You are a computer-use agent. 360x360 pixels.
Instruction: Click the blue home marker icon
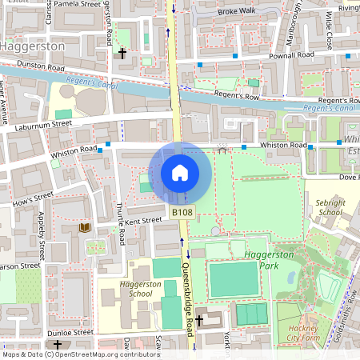180,172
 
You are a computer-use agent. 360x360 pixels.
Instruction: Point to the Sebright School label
329,208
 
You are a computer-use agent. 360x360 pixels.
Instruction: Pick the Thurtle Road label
119,223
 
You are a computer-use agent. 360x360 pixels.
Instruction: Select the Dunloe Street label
71,332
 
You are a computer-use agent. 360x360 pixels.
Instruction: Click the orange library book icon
84,228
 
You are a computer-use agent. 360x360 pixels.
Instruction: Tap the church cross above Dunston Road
122,54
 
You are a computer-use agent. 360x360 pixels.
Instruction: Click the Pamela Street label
78,4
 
